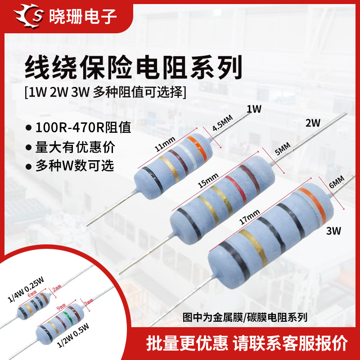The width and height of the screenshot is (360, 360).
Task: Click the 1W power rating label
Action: pos(254,109)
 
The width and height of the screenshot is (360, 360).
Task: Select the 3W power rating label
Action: pos(334,231)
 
